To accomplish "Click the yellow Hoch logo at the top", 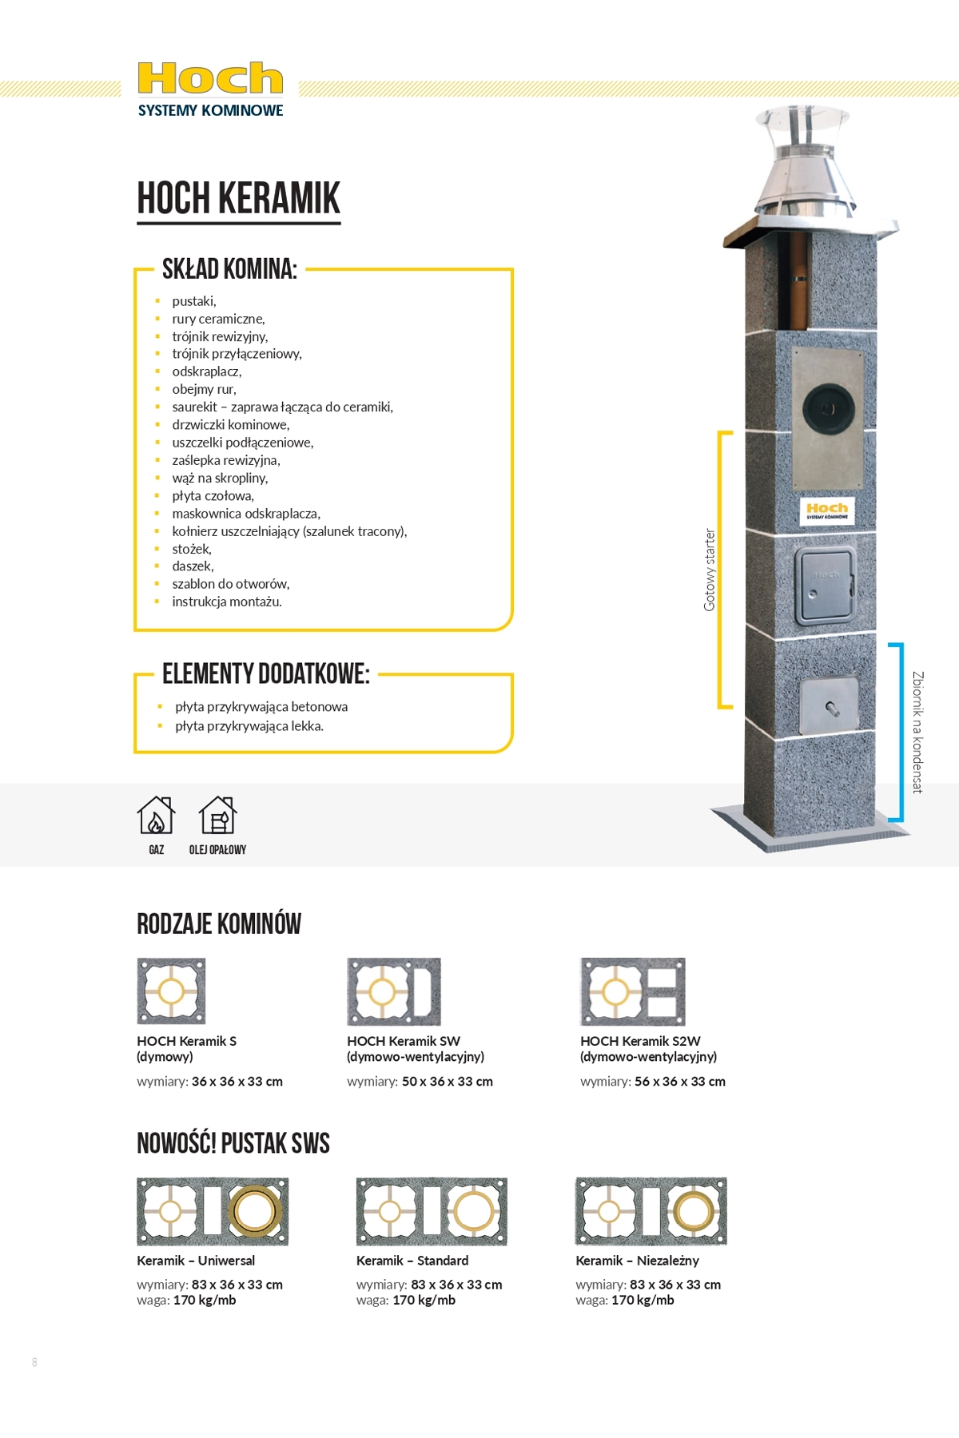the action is click(x=210, y=78).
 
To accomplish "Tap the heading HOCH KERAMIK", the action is click(x=239, y=198).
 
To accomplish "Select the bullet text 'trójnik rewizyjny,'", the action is click(x=220, y=336).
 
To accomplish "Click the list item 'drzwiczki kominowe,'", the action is click(x=231, y=424).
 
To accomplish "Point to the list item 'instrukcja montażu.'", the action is click(x=227, y=602).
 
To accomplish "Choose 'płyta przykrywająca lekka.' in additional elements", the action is click(x=249, y=726).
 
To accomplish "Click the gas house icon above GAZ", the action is click(x=156, y=816).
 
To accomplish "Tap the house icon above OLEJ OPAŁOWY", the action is click(x=217, y=816).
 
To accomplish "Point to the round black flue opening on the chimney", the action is click(x=827, y=408).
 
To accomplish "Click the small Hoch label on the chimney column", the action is click(x=827, y=510).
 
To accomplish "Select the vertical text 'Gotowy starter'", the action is click(x=709, y=570).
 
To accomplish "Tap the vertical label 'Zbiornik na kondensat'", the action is click(x=917, y=732).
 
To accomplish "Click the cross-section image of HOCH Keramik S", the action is click(x=171, y=991).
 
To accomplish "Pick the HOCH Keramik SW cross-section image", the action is click(x=394, y=991).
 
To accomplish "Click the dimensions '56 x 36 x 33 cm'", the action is click(x=680, y=1081).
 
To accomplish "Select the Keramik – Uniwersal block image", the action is click(x=213, y=1211).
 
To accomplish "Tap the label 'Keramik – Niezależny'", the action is click(x=638, y=1260).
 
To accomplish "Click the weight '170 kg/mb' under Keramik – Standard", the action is click(x=424, y=1300).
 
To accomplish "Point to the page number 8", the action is click(x=34, y=1362).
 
